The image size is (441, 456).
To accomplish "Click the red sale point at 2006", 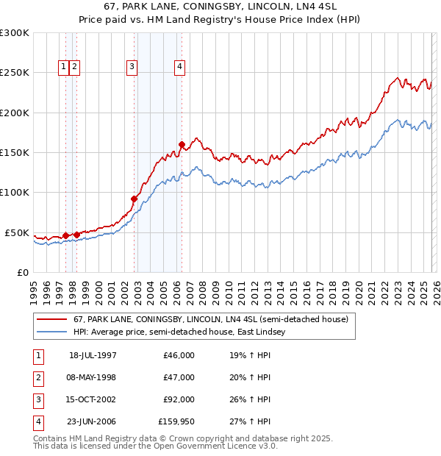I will click(182, 145).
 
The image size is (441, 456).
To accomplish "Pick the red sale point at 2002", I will click(134, 199).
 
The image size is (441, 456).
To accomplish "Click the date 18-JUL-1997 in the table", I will click(93, 355).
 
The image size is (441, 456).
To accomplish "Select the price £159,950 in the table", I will click(176, 421).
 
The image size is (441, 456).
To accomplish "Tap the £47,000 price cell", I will click(179, 377).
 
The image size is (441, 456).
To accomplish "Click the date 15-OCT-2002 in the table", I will click(93, 399).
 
